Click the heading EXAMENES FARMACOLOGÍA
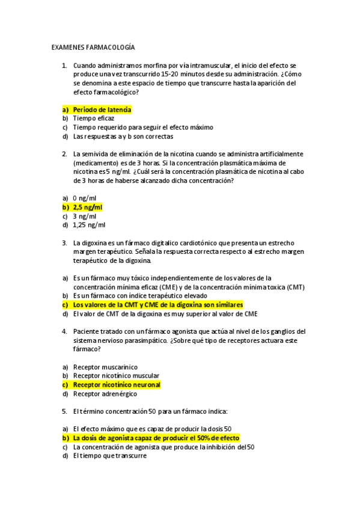click(93, 47)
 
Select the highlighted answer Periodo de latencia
click(102, 109)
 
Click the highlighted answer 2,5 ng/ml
click(87, 207)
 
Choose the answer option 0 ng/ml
click(84, 198)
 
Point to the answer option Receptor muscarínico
click(105, 366)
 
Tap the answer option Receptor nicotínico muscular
click(112, 375)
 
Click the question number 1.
click(64, 65)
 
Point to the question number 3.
click(64, 243)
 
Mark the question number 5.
click(64, 411)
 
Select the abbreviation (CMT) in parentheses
click(295, 287)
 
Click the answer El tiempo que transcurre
click(109, 456)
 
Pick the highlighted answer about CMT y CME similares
click(157, 305)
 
